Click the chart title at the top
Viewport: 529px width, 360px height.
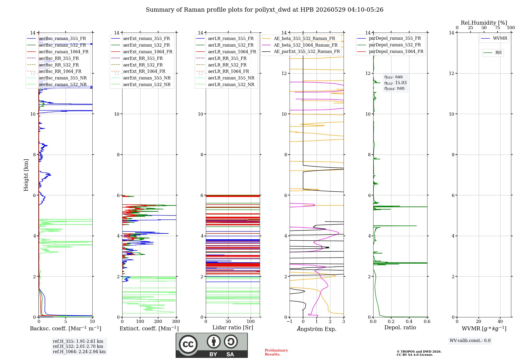pyautogui.click(x=264, y=10)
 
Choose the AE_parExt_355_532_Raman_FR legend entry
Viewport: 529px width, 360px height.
pyautogui.click(x=301, y=51)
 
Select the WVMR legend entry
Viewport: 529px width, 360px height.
pyautogui.click(x=494, y=38)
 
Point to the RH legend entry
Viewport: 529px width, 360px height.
pyautogui.click(x=492, y=53)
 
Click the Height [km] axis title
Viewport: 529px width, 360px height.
pyautogui.click(x=26, y=175)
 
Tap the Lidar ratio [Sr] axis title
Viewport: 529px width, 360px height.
pyautogui.click(x=233, y=327)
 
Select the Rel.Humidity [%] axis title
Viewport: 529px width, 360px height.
pyautogui.click(x=484, y=23)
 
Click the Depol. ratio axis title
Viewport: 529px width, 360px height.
pyautogui.click(x=400, y=327)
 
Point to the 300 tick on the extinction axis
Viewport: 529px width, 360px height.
pyautogui.click(x=176, y=321)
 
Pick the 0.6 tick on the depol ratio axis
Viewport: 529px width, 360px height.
pyautogui.click(x=427, y=321)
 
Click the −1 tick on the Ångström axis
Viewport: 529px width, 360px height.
pyautogui.click(x=290, y=321)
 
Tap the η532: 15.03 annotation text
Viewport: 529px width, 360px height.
pyautogui.click(x=395, y=83)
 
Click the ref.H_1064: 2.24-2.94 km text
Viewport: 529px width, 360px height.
pyautogui.click(x=79, y=352)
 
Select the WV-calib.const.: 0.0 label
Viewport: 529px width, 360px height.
pyautogui.click(x=470, y=341)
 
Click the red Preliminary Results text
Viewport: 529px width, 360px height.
pyautogui.click(x=276, y=352)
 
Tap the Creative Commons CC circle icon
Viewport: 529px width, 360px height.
pyautogui.click(x=188, y=344)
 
